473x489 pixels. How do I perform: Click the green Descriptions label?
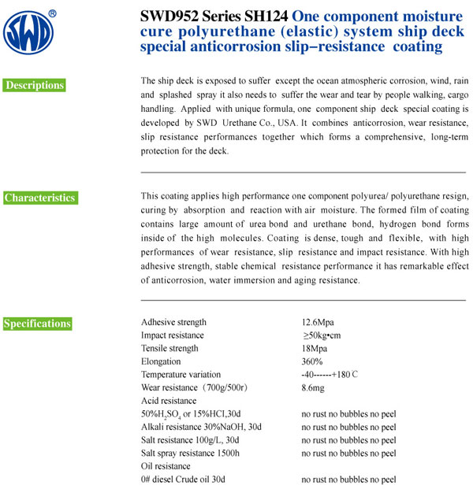(35, 85)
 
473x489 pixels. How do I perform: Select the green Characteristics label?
(40, 198)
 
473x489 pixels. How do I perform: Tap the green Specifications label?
(38, 324)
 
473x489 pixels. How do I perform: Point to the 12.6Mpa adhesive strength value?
(318, 322)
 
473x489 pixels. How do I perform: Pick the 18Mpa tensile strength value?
(315, 349)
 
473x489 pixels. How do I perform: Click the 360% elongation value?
(312, 361)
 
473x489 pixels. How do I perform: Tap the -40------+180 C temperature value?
(330, 375)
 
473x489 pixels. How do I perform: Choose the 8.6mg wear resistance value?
(315, 387)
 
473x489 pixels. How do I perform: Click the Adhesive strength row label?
(173, 322)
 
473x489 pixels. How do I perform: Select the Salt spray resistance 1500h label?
(190, 453)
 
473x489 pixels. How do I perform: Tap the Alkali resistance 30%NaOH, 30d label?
(201, 427)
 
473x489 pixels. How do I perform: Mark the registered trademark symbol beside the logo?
(52, 13)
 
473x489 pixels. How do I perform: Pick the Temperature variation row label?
(181, 375)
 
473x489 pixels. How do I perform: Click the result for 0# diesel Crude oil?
(348, 480)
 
